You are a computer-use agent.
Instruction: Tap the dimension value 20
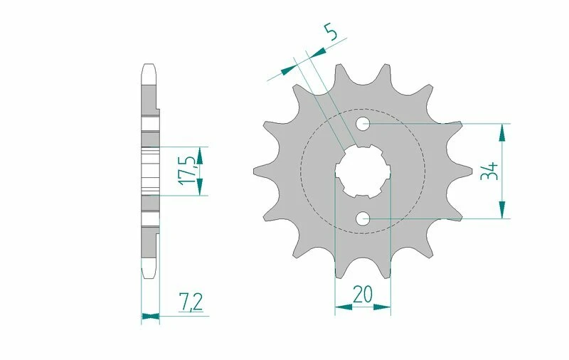point(362,294)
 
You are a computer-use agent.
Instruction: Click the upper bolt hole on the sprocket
point(363,124)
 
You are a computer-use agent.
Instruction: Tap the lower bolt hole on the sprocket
point(363,218)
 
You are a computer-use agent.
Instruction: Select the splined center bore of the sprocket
point(363,171)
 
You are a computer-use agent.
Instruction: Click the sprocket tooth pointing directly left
point(260,171)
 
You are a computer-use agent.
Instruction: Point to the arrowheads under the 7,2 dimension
point(150,315)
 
